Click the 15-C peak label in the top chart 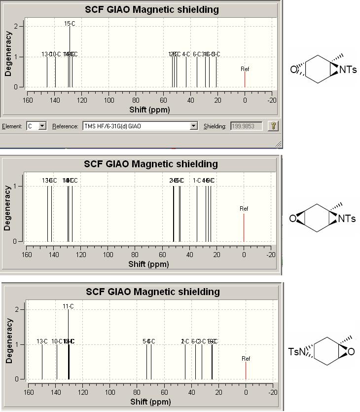click(70, 23)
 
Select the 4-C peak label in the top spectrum click(186, 54)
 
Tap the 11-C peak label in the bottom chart click(68, 306)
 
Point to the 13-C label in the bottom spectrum click(42, 341)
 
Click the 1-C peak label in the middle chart click(197, 181)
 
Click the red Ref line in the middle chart click(244, 227)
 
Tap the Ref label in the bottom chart click(246, 359)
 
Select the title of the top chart click(151, 9)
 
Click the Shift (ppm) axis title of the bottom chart click(150, 402)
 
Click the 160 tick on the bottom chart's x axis click(29, 392)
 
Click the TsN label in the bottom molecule click(296, 352)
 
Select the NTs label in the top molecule click(348, 70)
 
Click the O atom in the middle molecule click(293, 219)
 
